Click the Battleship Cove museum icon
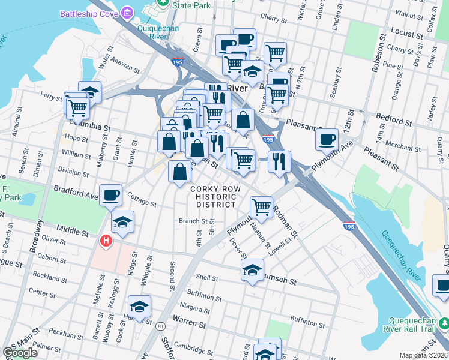pyautogui.click(x=127, y=13)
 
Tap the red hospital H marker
pyautogui.click(x=106, y=241)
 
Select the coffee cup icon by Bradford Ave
pyautogui.click(x=111, y=195)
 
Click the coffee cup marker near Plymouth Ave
pyautogui.click(x=327, y=139)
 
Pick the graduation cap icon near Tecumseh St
pyautogui.click(x=253, y=269)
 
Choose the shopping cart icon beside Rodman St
pyautogui.click(x=261, y=207)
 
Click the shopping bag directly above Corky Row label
pyautogui.click(x=180, y=172)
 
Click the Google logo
pyautogui.click(x=20, y=353)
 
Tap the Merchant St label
pyautogui.click(x=403, y=147)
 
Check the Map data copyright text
pyautogui.click(x=423, y=355)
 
